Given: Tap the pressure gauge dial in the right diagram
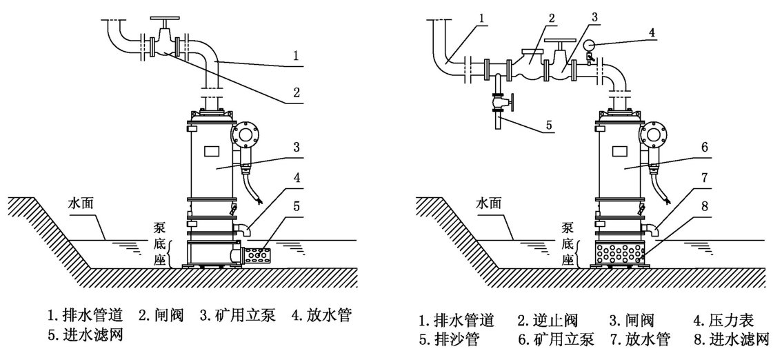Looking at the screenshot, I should [588, 46].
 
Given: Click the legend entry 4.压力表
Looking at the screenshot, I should [723, 320].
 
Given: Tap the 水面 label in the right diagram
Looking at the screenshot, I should [492, 204].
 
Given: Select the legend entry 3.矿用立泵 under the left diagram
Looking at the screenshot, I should [238, 316].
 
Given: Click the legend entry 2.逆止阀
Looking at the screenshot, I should [548, 320].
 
